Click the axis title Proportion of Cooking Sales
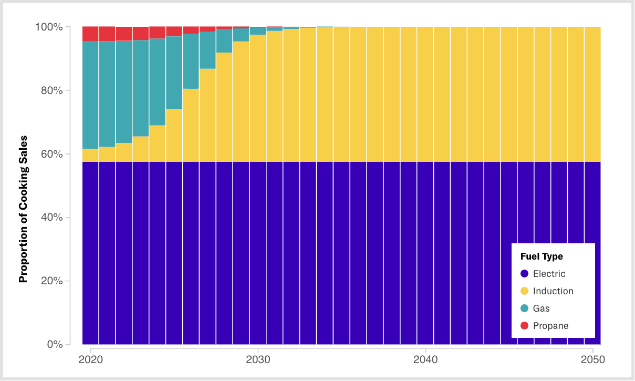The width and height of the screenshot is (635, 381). pos(23,209)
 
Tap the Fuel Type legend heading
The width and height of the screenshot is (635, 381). pos(542,256)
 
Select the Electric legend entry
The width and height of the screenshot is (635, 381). pos(549,274)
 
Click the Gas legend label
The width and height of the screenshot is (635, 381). pos(541,308)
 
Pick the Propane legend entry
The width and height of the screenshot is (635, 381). pos(550,326)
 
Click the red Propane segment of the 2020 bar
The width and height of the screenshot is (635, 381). pos(91,34)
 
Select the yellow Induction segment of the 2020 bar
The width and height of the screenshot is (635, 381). pos(91,155)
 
